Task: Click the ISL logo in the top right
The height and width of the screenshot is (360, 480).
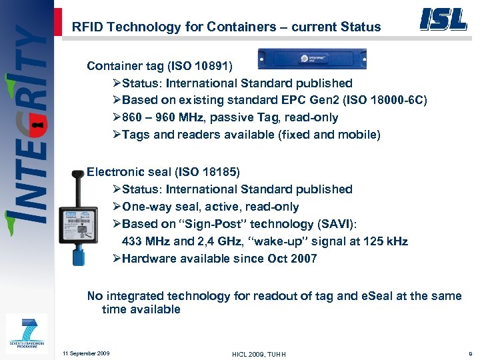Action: [x=443, y=19]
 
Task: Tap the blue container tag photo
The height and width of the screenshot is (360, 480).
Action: [x=312, y=59]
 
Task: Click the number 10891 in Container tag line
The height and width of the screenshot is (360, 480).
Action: [x=209, y=66]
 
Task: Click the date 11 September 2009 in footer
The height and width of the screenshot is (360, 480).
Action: [x=85, y=353]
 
